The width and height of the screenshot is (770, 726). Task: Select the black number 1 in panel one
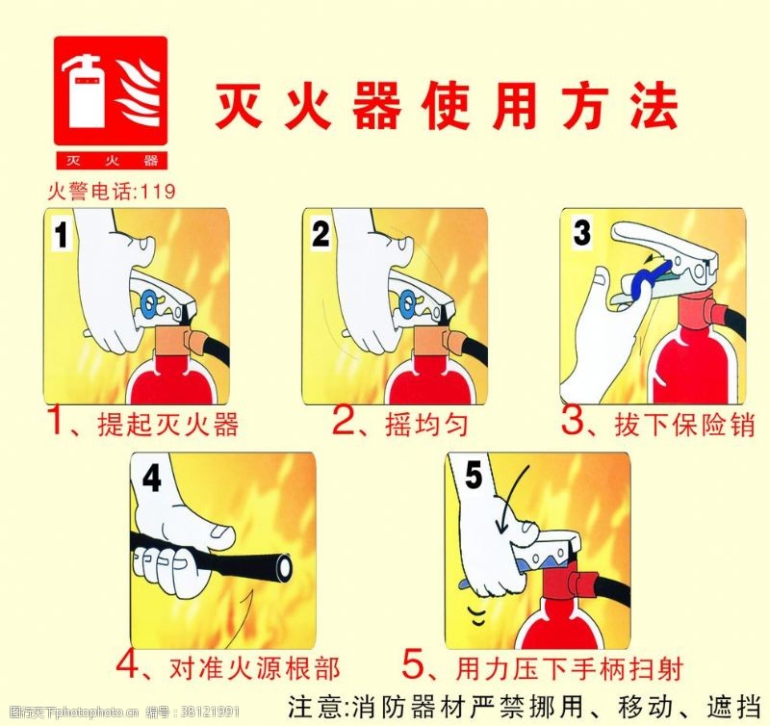[x=62, y=235]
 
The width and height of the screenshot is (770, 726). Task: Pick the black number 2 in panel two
[x=321, y=233]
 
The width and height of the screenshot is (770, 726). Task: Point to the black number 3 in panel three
[x=581, y=233]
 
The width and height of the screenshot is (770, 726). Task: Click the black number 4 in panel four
[x=152, y=479]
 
